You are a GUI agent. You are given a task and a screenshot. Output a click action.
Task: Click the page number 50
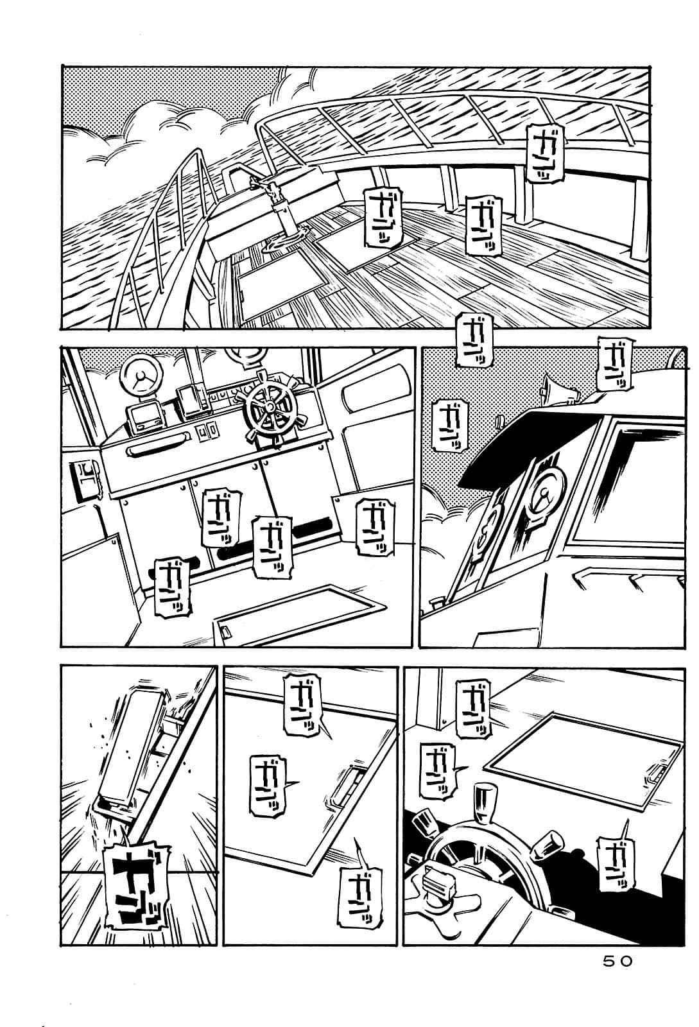618,961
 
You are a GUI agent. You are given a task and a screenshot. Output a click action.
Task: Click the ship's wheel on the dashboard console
270,406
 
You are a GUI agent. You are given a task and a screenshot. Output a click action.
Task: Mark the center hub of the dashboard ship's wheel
270,406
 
